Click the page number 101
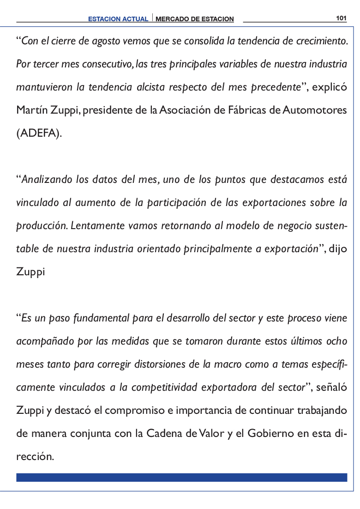[341, 18]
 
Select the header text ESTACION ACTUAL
[119, 19]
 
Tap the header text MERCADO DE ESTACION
[195, 19]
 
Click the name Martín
[30, 111]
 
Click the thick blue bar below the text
[181, 477]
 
